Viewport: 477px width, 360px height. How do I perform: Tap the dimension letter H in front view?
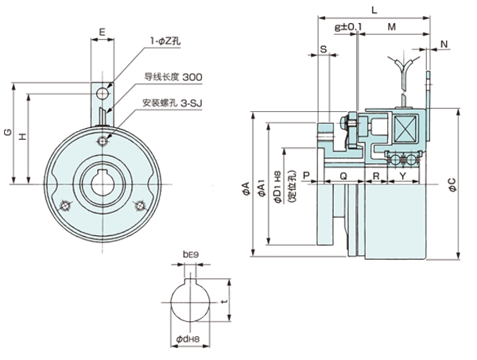[x=22, y=137]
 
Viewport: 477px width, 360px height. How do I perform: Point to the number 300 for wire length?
[x=191, y=76]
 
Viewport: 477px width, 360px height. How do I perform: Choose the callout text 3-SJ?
[x=191, y=103]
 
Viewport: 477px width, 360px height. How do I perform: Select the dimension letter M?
[x=392, y=27]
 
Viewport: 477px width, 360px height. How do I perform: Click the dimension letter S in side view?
[x=324, y=48]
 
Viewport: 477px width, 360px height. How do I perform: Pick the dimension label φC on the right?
[x=452, y=184]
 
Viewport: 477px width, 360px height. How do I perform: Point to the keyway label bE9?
[x=188, y=254]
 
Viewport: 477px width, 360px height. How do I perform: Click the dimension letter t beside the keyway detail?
[x=225, y=302]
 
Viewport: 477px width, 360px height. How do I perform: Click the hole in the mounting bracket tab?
[x=102, y=95]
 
